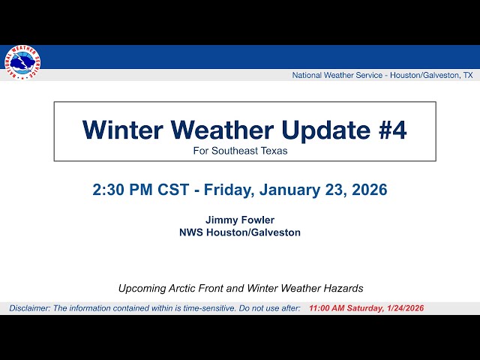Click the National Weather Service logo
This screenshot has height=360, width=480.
coord(22,63)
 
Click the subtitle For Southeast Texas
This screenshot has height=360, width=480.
coord(240,150)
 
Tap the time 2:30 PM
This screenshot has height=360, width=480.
coord(123,190)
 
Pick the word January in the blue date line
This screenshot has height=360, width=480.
coord(292,190)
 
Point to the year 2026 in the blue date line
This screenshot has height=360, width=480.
coord(367,190)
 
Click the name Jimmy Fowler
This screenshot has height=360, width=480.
coord(240,220)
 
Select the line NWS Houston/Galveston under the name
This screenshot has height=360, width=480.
coord(240,232)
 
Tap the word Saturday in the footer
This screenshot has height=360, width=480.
coord(365,308)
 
